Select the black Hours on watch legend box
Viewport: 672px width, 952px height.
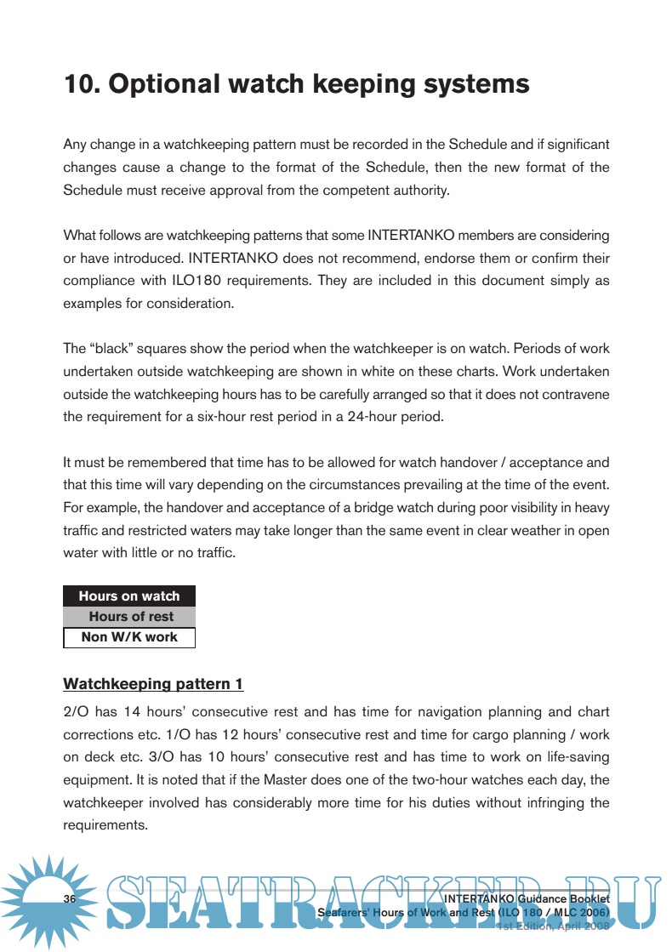tap(129, 596)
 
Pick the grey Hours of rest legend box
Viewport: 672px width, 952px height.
tap(129, 617)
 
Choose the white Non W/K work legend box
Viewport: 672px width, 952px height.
tap(129, 637)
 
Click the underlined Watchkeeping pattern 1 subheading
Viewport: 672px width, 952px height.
tap(153, 684)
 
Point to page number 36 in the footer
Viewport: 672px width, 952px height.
tap(70, 900)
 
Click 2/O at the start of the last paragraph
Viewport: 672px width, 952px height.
tap(75, 711)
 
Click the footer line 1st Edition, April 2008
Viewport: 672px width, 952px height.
tap(553, 926)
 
